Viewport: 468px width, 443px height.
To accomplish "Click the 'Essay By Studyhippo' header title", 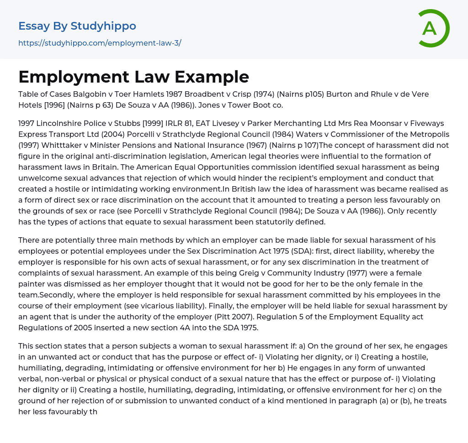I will click(x=77, y=26).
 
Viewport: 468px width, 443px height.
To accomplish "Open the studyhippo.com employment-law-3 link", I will click(x=100, y=43).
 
